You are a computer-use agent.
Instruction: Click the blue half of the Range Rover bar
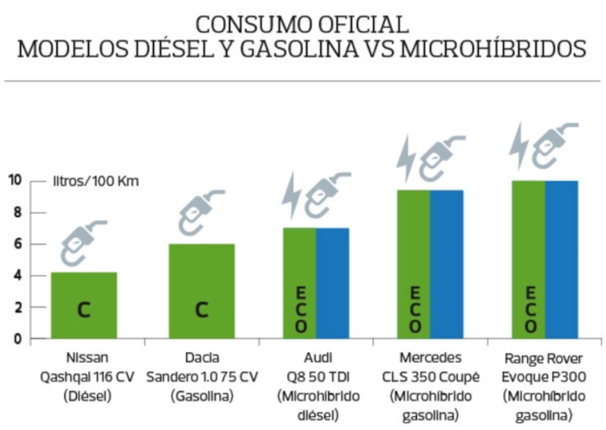pyautogui.click(x=561, y=260)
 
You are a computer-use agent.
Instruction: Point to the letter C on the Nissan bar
pyautogui.click(x=84, y=310)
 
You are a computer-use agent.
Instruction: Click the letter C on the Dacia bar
pyautogui.click(x=201, y=310)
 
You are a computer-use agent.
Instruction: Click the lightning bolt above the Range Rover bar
pyautogui.click(x=519, y=144)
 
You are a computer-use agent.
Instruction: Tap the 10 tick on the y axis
pyautogui.click(x=15, y=181)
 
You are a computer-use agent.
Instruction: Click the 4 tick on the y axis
pyautogui.click(x=16, y=276)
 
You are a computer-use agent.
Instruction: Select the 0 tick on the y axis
pyautogui.click(x=16, y=339)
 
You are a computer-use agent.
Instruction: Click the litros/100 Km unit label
pyautogui.click(x=95, y=182)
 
